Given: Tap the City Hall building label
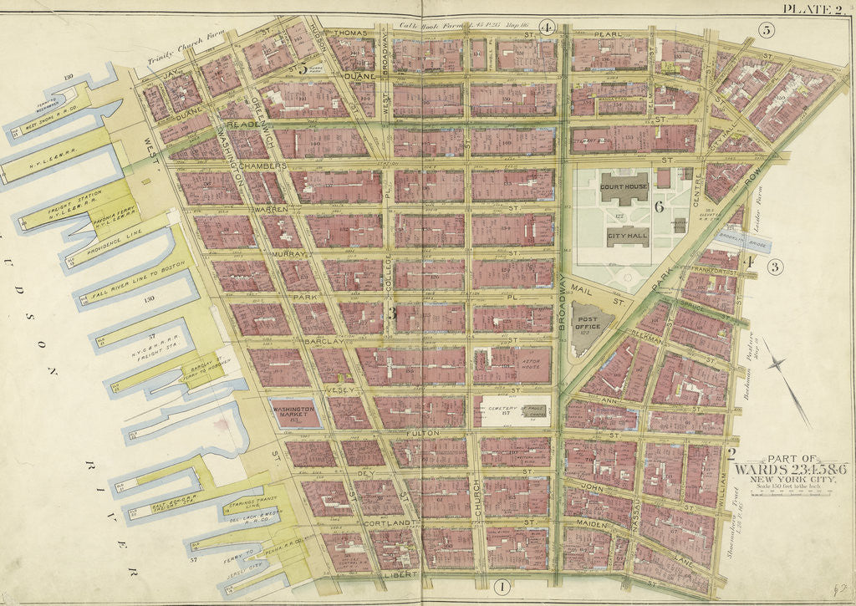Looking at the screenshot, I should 624,236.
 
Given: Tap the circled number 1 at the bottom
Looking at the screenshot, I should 501,586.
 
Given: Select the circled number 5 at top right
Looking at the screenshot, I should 765,30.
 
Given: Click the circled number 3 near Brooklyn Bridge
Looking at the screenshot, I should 776,267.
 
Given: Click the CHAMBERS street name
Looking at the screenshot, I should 264,166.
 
